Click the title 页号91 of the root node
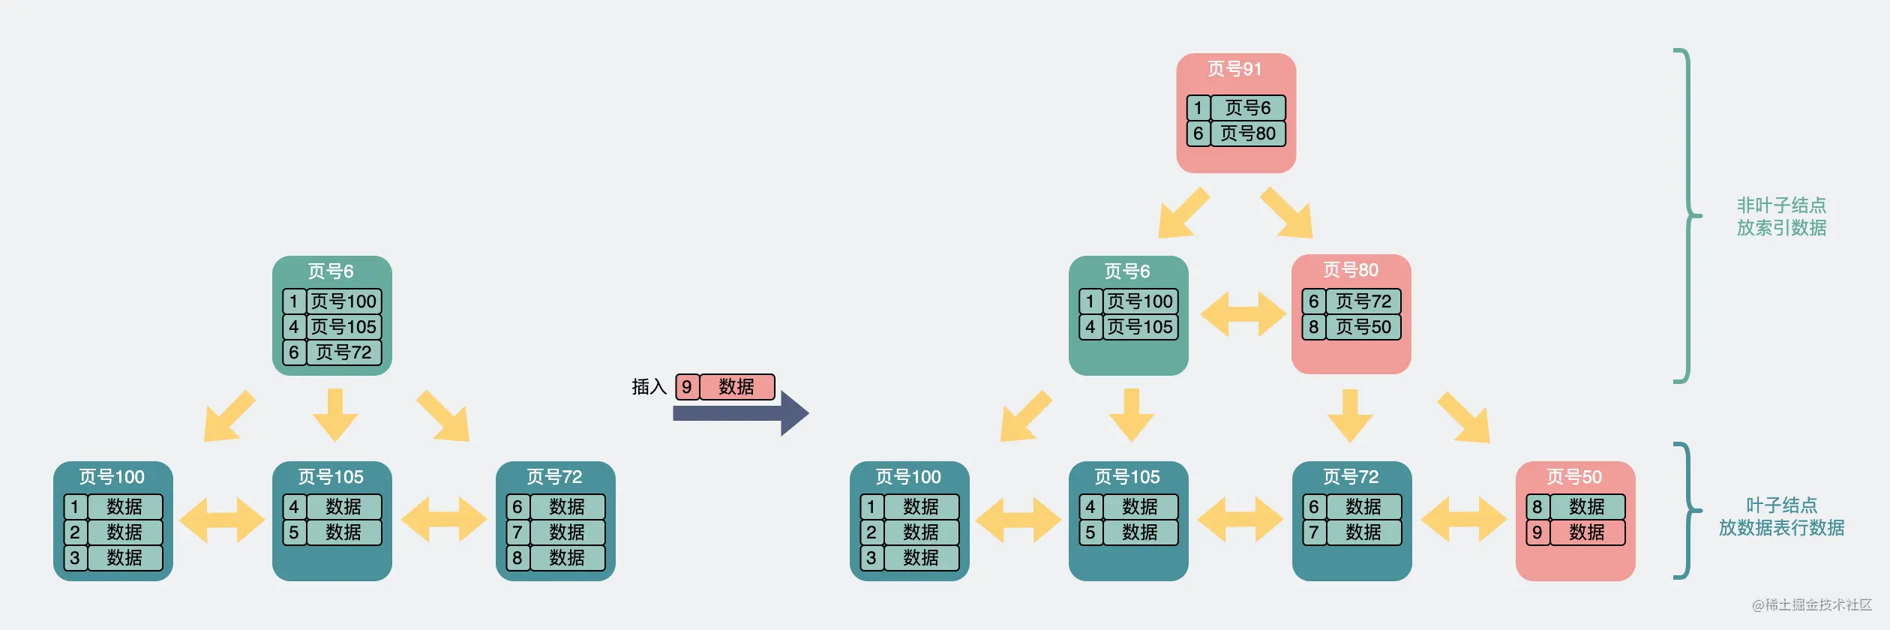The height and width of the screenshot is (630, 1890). [x=1234, y=69]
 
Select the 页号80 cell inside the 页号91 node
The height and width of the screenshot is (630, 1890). [x=1248, y=133]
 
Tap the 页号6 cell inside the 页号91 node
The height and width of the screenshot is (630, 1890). [x=1248, y=108]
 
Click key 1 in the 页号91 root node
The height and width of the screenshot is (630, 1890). [x=1198, y=108]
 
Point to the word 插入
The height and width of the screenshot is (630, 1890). [x=649, y=386]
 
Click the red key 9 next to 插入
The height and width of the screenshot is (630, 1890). [x=687, y=387]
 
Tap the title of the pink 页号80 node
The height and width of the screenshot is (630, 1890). [x=1350, y=270]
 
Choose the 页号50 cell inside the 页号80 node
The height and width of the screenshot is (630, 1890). [x=1363, y=327]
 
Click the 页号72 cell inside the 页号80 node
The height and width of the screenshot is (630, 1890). [x=1363, y=301]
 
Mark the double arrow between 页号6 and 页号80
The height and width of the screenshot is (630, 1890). [x=1243, y=313]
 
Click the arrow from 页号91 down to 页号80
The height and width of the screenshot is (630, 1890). [x=1288, y=214]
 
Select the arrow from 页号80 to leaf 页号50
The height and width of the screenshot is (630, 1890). [x=1465, y=418]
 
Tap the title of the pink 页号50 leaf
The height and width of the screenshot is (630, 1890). [x=1573, y=477]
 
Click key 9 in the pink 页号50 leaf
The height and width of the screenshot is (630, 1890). [x=1537, y=532]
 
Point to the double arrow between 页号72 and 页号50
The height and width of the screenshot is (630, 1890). [x=1463, y=519]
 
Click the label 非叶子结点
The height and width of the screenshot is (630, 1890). [x=1781, y=205]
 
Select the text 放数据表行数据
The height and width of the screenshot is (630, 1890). [x=1781, y=528]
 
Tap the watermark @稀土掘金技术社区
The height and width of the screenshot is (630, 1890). [x=1811, y=604]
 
